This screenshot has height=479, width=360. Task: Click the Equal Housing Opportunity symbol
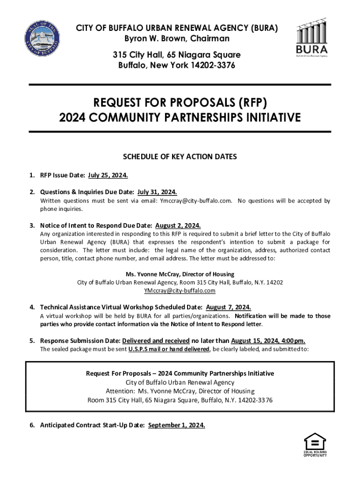click(x=315, y=444)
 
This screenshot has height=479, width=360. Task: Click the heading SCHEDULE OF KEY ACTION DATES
click(x=180, y=157)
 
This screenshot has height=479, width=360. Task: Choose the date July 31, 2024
click(x=157, y=192)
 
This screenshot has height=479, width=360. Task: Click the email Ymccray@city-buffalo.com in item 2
click(x=196, y=201)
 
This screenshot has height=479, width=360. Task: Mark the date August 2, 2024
click(x=178, y=225)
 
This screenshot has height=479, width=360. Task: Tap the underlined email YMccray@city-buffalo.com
click(x=180, y=290)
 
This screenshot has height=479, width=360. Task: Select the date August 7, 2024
click(x=228, y=307)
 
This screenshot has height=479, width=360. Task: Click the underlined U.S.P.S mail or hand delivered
click(x=169, y=349)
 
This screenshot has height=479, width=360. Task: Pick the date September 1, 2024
click(x=176, y=425)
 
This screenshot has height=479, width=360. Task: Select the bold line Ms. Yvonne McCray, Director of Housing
click(x=180, y=274)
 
